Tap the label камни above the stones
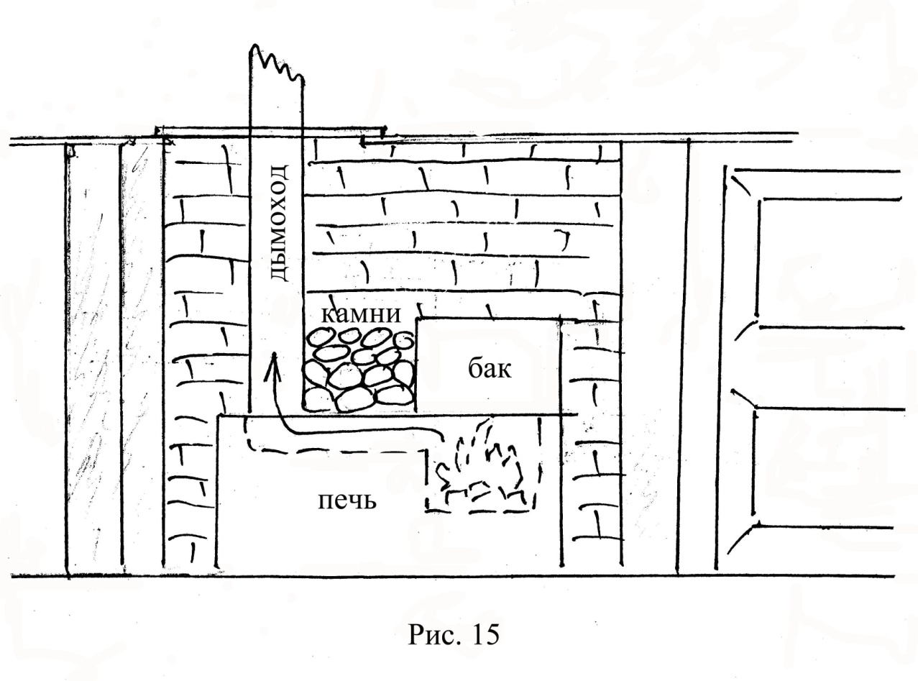pos(361,314)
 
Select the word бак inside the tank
pos(490,367)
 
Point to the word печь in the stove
pos(347,501)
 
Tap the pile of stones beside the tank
pos(359,370)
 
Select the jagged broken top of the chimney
pos(277,63)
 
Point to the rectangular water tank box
pos(488,365)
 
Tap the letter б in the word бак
pos(475,367)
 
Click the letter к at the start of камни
pos(327,315)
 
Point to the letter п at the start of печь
pos(325,501)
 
